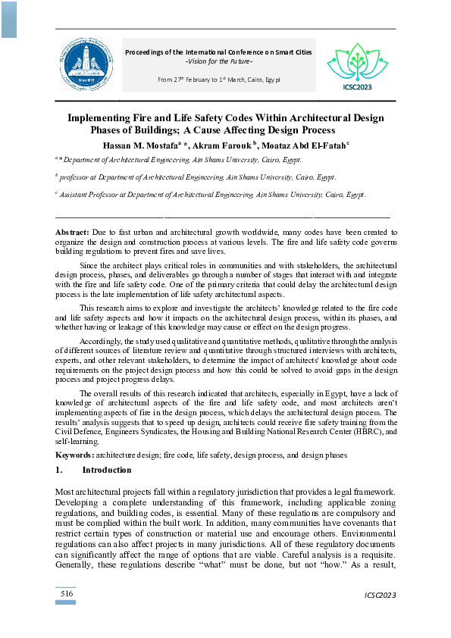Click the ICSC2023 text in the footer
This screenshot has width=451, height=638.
tap(379, 594)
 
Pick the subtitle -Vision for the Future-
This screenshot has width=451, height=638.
tap(219, 61)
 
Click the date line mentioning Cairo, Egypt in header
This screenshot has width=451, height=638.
tap(219, 79)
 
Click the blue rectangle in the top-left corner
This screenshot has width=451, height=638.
tap(8, 19)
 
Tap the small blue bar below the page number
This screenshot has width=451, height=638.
tap(67, 602)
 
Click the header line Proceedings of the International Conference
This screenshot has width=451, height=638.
tap(219, 52)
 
